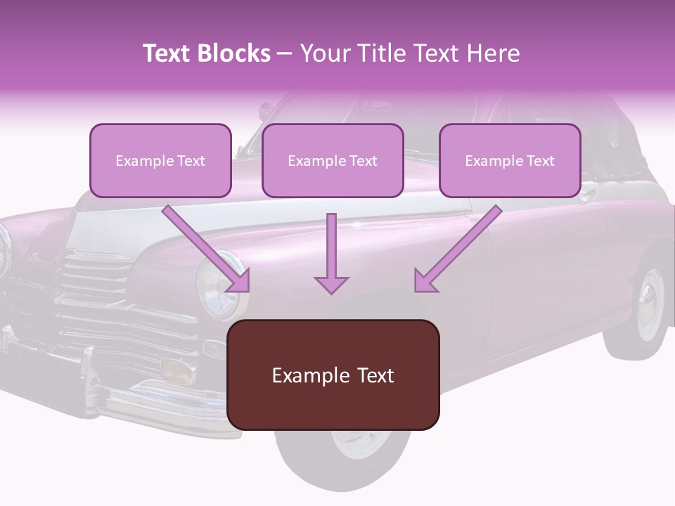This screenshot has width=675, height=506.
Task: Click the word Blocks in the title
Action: [x=233, y=53]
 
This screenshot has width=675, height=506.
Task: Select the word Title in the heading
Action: [x=383, y=53]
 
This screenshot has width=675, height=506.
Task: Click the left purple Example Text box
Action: [x=160, y=160]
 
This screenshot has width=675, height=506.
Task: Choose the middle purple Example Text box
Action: [x=333, y=160]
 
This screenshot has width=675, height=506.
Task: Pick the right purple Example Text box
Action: [x=510, y=160]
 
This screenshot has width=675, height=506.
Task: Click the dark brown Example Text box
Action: [x=333, y=375]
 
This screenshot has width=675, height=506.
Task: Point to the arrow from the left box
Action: [x=206, y=249]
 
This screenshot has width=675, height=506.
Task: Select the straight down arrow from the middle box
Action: [x=331, y=254]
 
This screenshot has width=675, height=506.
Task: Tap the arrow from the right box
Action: [x=458, y=249]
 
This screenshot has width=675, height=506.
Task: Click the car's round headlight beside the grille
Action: [x=218, y=286]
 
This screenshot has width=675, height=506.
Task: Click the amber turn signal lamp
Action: [x=176, y=370]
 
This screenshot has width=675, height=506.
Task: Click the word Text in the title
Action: [x=437, y=53]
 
